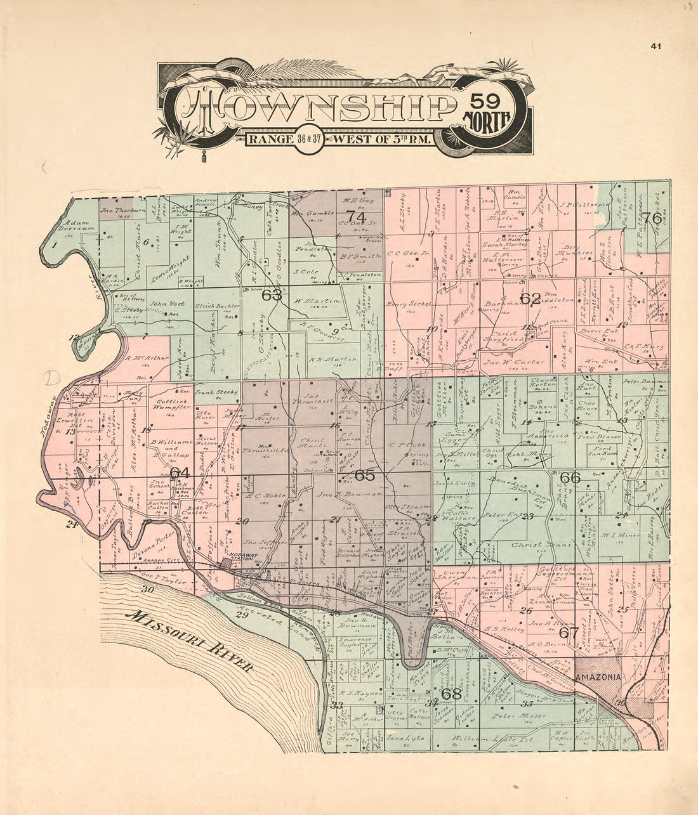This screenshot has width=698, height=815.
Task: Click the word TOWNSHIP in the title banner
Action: (x=317, y=105)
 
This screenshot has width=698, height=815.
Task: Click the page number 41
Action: (x=656, y=45)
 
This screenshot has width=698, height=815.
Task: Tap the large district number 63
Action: (x=272, y=294)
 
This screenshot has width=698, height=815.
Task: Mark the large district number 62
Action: (x=530, y=298)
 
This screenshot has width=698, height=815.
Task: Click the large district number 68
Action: (x=451, y=693)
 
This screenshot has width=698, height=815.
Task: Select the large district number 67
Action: (x=569, y=632)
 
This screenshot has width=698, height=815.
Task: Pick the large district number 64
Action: (x=180, y=473)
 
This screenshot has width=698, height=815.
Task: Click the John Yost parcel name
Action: (x=163, y=304)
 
